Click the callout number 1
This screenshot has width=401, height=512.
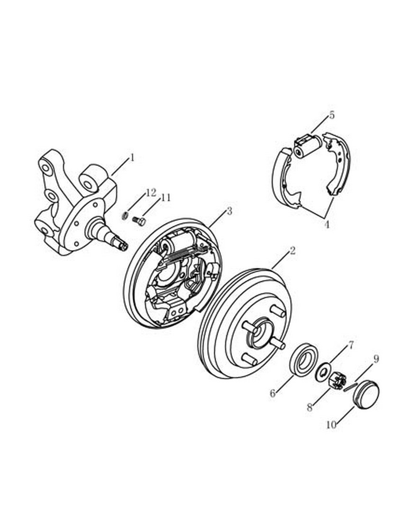point(132,158)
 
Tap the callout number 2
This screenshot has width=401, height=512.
point(292,251)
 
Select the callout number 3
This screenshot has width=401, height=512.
point(229,211)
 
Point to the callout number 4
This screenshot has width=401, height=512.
point(327,225)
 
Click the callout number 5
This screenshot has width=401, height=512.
point(332,115)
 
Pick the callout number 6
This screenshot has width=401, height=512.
point(273,393)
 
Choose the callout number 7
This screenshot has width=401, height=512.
point(351,345)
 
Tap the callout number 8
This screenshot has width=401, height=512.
point(310,407)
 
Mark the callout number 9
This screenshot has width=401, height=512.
point(376,359)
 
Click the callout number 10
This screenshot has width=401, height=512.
point(331,425)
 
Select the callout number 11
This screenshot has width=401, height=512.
point(165,198)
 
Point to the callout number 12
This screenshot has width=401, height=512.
point(151,192)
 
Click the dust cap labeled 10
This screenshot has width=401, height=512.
point(366,394)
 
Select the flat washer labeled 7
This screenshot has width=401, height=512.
point(323,371)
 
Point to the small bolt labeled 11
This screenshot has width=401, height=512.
point(139,221)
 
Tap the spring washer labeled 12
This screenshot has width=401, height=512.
point(124,216)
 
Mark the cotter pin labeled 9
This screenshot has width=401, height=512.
point(350,385)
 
